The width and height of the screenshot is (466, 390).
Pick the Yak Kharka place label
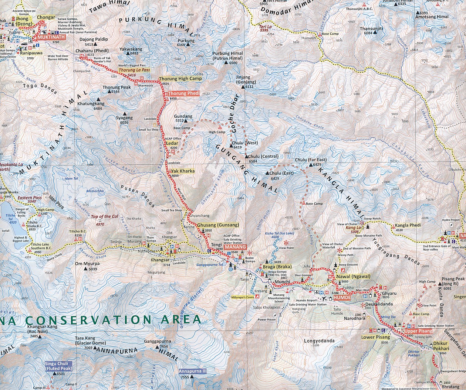coord(182,171)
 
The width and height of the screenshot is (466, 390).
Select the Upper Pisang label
coord(418,331)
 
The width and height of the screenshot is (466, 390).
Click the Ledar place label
coord(172,143)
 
